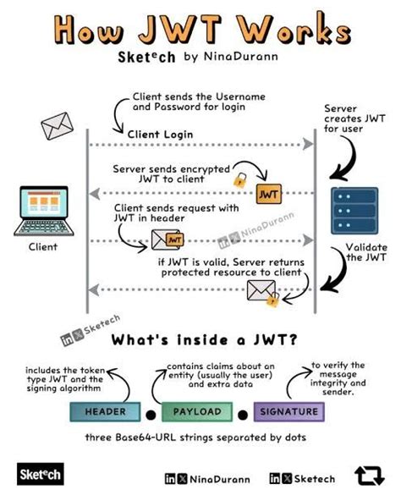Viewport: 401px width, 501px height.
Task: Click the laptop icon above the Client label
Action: pyautogui.click(x=42, y=212)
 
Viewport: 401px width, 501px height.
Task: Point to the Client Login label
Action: pyautogui.click(x=160, y=134)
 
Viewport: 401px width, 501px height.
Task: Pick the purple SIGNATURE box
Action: pyautogui.click(x=289, y=411)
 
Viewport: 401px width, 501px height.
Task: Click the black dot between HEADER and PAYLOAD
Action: pyautogui.click(x=150, y=415)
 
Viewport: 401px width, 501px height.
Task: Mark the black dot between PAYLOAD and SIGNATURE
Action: pyautogui.click(x=242, y=415)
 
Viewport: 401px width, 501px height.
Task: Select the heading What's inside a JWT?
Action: pyautogui.click(x=200, y=339)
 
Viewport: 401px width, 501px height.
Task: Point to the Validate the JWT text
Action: pyautogui.click(x=365, y=252)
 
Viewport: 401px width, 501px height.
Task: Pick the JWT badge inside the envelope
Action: pyautogui.click(x=175, y=240)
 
